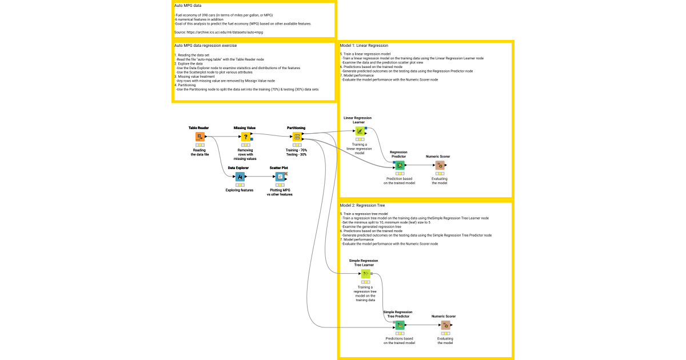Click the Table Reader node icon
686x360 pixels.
[x=200, y=137]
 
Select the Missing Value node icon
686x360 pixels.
[x=245, y=137]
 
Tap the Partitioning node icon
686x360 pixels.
[x=297, y=137]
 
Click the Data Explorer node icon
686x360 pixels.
[x=240, y=177]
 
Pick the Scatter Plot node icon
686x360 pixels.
[x=280, y=177]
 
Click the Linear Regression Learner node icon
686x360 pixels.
[x=360, y=131]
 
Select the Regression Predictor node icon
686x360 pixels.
[x=400, y=165]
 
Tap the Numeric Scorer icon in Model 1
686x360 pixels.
[x=440, y=165]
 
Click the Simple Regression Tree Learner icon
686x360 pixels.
[x=365, y=274]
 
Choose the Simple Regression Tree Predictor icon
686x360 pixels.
[x=400, y=325]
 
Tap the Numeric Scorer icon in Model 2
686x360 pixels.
[x=445, y=325]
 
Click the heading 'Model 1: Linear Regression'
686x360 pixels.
[x=364, y=45]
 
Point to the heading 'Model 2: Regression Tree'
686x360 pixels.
[x=363, y=205]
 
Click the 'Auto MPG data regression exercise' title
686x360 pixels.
[x=205, y=45]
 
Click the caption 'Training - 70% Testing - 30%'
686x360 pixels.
[x=296, y=152]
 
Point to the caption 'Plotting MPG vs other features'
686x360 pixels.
[x=280, y=192]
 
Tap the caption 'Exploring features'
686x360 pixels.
[x=240, y=190]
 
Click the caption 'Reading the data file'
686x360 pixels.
[x=200, y=152]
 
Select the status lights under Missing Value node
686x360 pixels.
[x=245, y=145]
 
